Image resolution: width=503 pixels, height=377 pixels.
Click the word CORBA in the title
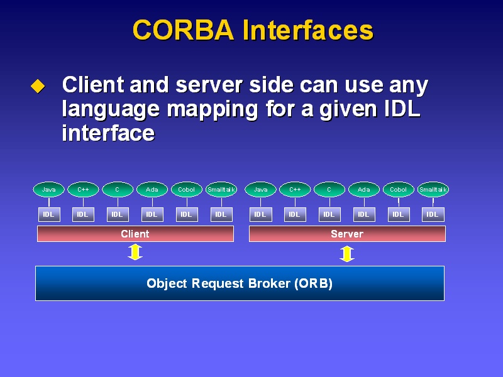point(183,30)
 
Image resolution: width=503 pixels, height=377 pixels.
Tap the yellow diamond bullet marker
point(38,86)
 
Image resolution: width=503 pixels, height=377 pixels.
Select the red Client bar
point(135,234)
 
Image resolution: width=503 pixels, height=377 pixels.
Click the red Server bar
point(347,234)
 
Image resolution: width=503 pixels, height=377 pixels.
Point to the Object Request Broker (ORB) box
point(240,283)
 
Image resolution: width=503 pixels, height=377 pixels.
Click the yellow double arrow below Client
point(135,252)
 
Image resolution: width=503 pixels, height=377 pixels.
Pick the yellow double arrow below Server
point(347,254)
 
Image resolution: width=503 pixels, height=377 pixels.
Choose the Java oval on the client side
point(49,190)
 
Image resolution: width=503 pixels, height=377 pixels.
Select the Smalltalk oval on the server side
point(433,190)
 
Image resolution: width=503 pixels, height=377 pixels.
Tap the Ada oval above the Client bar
point(152,190)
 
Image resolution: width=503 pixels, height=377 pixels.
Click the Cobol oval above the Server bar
point(399,190)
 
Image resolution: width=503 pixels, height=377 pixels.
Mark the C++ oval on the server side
point(295,190)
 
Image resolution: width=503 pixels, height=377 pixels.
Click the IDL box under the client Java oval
point(49,214)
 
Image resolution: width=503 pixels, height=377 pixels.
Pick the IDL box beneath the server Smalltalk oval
point(433,214)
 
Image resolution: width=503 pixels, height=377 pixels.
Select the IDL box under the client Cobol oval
point(187,214)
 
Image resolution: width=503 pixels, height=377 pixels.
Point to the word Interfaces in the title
point(308,30)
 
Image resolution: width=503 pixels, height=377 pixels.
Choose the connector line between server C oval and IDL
point(329,202)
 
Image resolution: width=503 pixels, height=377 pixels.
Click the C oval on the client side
point(118,190)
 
